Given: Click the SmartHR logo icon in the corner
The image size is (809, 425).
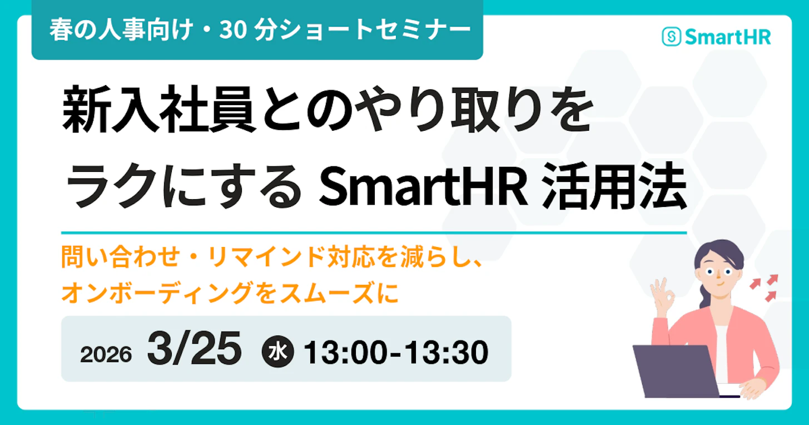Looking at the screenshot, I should [672, 37].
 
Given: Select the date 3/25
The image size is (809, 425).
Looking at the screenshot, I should [194, 350].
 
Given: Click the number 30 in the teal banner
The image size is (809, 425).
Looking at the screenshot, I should [231, 31].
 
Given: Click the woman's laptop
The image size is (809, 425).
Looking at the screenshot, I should [672, 370].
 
